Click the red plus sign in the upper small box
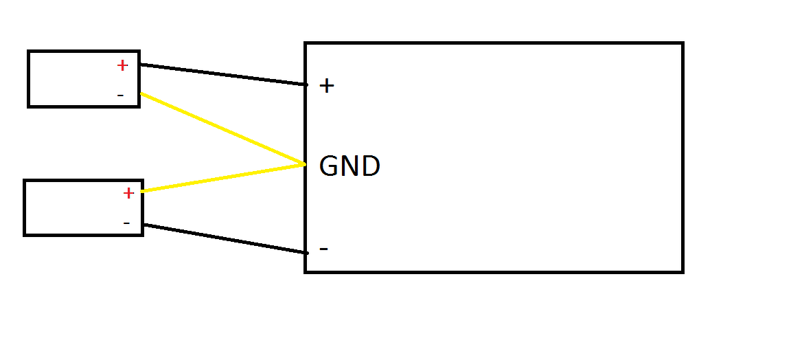point(122,65)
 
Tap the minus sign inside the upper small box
point(121,95)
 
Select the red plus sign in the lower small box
point(128,193)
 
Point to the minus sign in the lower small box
point(126,223)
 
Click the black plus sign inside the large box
point(327,86)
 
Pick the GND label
point(349,166)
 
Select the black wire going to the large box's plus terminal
point(223,74)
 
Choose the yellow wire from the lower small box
point(223,178)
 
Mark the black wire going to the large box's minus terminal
point(225,238)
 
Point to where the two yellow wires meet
point(303,164)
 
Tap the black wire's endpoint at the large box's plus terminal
point(306,85)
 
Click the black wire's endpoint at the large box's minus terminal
point(306,253)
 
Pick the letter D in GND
point(371,166)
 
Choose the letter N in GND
point(350,166)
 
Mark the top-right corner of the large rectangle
point(683,43)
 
